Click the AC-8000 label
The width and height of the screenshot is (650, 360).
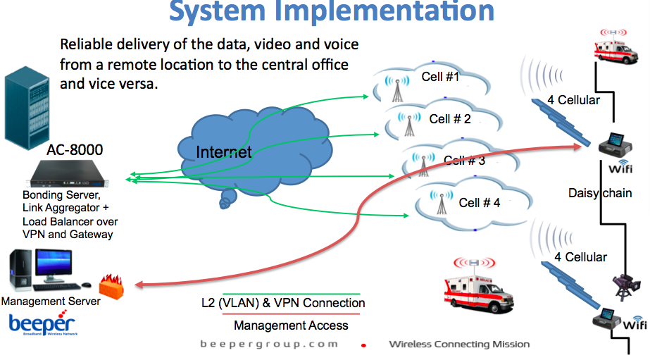pyautogui.click(x=75, y=149)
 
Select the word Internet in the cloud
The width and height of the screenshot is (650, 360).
pyautogui.click(x=223, y=152)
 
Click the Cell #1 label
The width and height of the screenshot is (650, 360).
pyautogui.click(x=440, y=77)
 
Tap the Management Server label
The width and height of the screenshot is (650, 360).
pyautogui.click(x=51, y=302)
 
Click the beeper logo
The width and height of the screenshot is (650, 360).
pyautogui.click(x=42, y=325)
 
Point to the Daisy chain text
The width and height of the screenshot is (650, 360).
pyautogui.click(x=600, y=192)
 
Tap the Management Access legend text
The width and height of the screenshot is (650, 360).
pyautogui.click(x=291, y=325)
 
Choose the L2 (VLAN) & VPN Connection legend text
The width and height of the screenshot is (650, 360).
pyautogui.click(x=290, y=303)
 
